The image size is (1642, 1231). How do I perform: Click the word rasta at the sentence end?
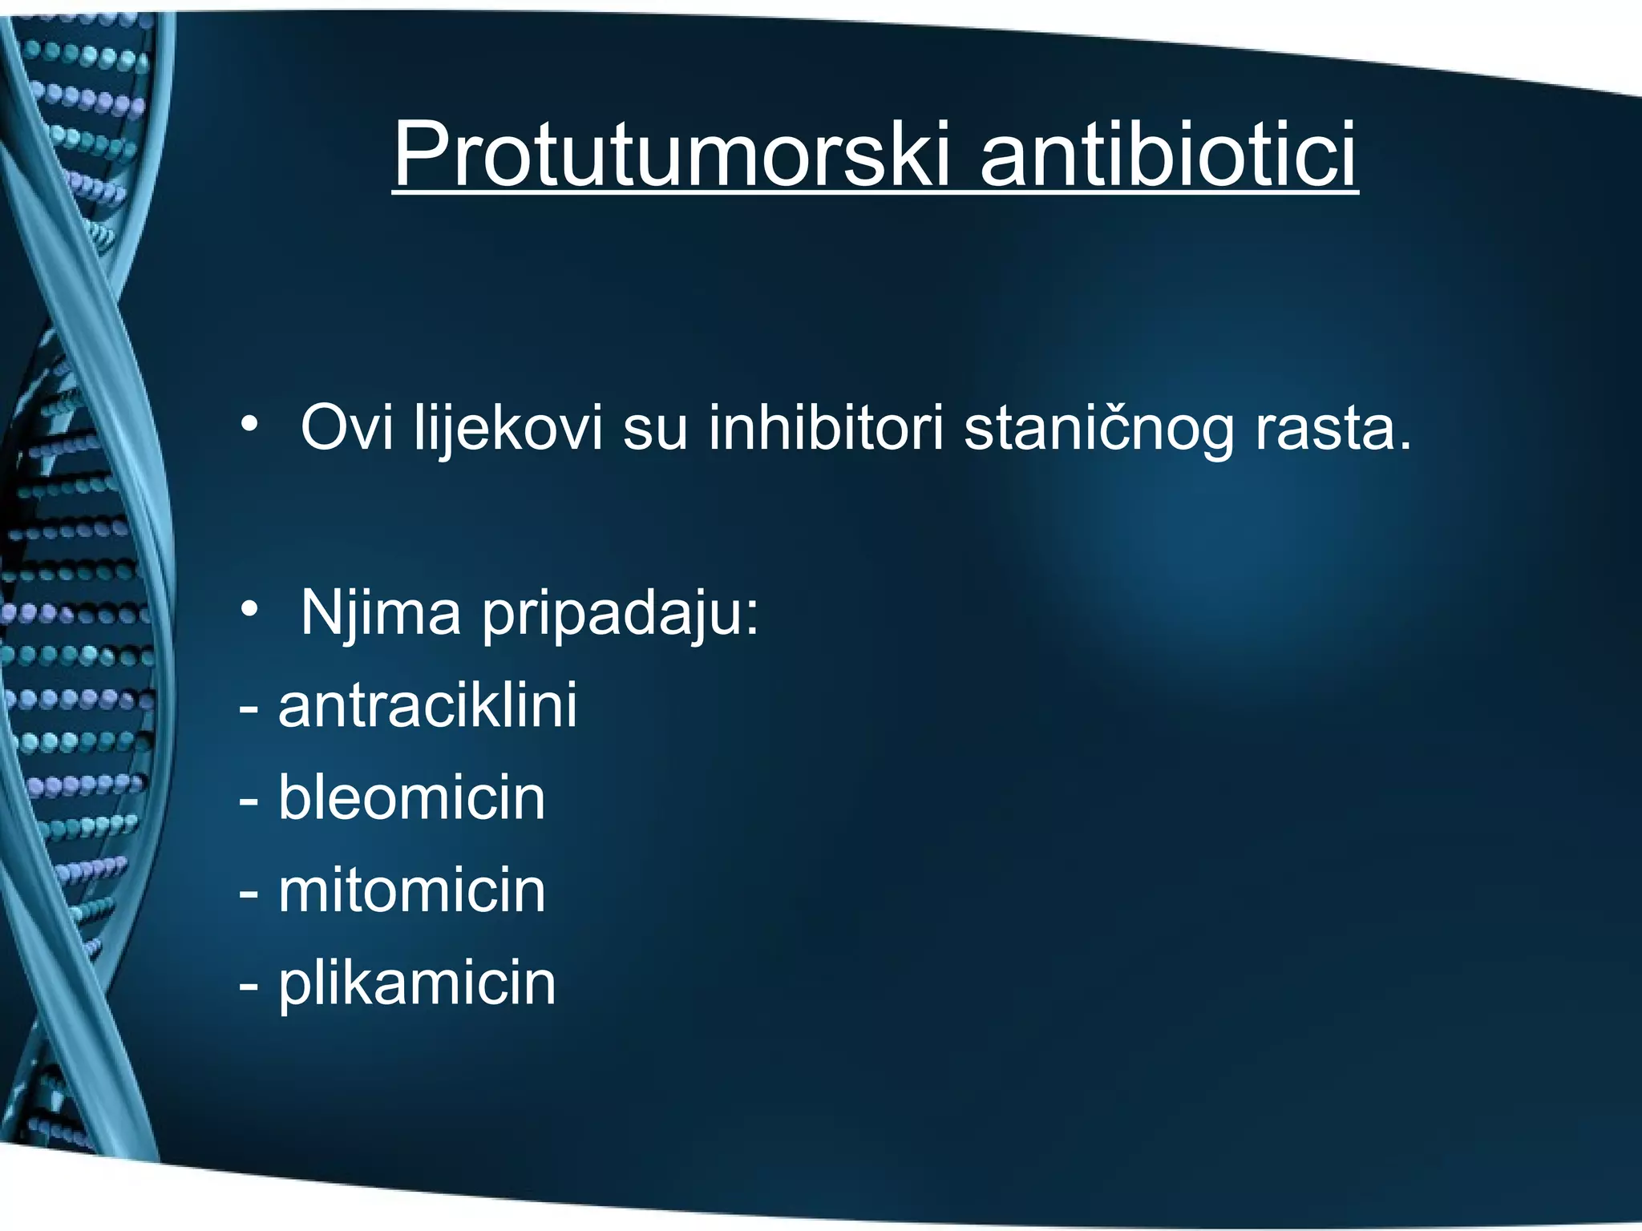[x=1323, y=430]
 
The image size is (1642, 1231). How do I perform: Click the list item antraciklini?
[x=427, y=705]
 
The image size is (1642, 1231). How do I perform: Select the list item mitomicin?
[x=411, y=890]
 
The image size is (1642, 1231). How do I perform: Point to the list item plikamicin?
[x=416, y=984]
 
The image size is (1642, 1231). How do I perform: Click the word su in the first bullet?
[x=655, y=430]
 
